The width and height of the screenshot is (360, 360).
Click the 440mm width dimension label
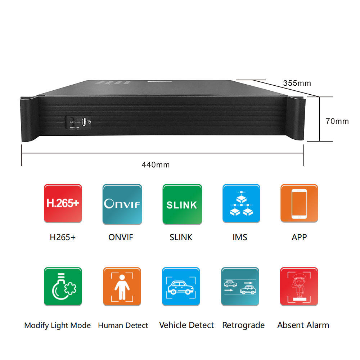156,165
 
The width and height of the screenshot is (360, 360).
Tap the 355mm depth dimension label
297,83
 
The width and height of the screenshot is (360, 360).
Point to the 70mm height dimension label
337,121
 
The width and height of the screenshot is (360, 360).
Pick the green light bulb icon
63,287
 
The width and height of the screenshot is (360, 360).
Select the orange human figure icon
122,287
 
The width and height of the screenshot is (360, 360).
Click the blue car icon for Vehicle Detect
181,287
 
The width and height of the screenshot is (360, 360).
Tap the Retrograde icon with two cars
240,287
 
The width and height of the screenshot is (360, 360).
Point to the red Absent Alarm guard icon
299,287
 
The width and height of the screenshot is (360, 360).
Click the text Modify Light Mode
58,325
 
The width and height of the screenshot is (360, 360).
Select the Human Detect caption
123,325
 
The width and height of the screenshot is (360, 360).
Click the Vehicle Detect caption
186,325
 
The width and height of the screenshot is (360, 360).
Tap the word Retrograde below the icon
243,325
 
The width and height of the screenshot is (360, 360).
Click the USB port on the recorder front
84,122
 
